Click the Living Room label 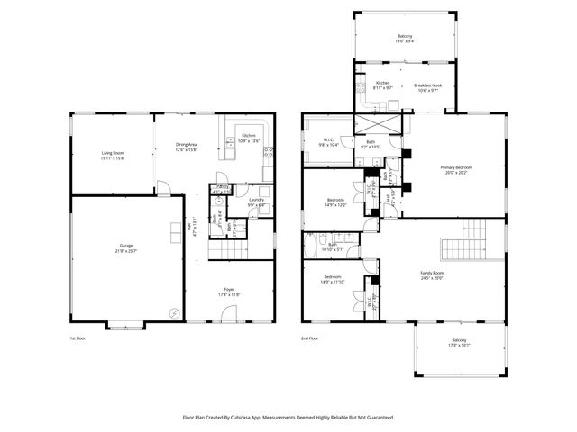(113, 153)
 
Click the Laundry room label (256, 200)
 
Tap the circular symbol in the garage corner (174, 313)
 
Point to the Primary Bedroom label (456, 167)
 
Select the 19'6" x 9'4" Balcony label (405, 36)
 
